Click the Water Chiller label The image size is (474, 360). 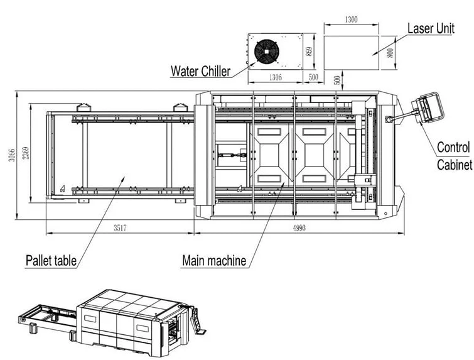coord(200,70)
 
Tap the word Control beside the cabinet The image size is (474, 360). coord(453,148)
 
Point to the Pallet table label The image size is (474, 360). coord(51,259)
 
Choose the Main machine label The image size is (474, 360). coord(213,259)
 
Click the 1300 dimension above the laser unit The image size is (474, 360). coord(351,20)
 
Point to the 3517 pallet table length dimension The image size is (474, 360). coord(121,228)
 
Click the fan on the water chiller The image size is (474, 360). coord(266,50)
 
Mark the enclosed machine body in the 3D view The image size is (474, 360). coord(126,320)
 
